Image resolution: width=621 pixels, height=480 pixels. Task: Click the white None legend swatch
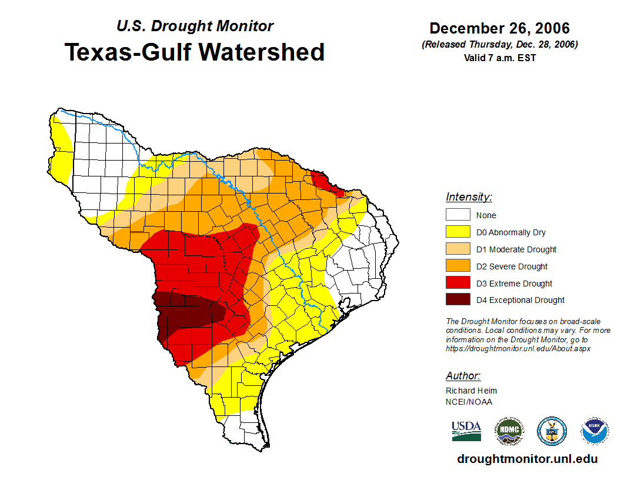[x=458, y=215]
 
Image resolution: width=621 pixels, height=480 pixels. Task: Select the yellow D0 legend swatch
[x=458, y=232]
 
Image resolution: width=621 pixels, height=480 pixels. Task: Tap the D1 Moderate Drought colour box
[x=458, y=249]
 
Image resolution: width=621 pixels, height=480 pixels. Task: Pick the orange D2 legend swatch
[x=458, y=266]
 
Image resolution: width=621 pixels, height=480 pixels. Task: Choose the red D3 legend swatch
[x=458, y=284]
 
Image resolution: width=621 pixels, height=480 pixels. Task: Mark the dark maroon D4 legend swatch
[x=458, y=300]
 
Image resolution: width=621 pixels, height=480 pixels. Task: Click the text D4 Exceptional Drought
[x=520, y=300]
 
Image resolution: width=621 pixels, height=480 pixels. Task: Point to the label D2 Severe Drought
[x=512, y=266]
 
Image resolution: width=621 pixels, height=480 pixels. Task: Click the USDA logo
[x=466, y=431]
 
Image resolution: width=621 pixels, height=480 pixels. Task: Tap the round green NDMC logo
[x=509, y=431]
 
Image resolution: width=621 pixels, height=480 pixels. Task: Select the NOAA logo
[x=595, y=431]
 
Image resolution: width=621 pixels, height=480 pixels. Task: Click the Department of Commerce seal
[x=552, y=431]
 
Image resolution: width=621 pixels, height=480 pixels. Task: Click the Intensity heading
[x=469, y=197]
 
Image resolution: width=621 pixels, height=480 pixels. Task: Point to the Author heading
[x=463, y=376]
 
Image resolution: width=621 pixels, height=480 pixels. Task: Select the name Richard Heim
[x=471, y=391]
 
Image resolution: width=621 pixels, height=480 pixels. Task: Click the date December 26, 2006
[x=499, y=28]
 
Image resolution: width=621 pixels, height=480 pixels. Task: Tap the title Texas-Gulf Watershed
[x=195, y=52]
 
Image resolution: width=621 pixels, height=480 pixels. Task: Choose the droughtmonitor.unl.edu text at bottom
[x=527, y=459]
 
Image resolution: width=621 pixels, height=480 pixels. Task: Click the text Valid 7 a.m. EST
[x=499, y=58]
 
